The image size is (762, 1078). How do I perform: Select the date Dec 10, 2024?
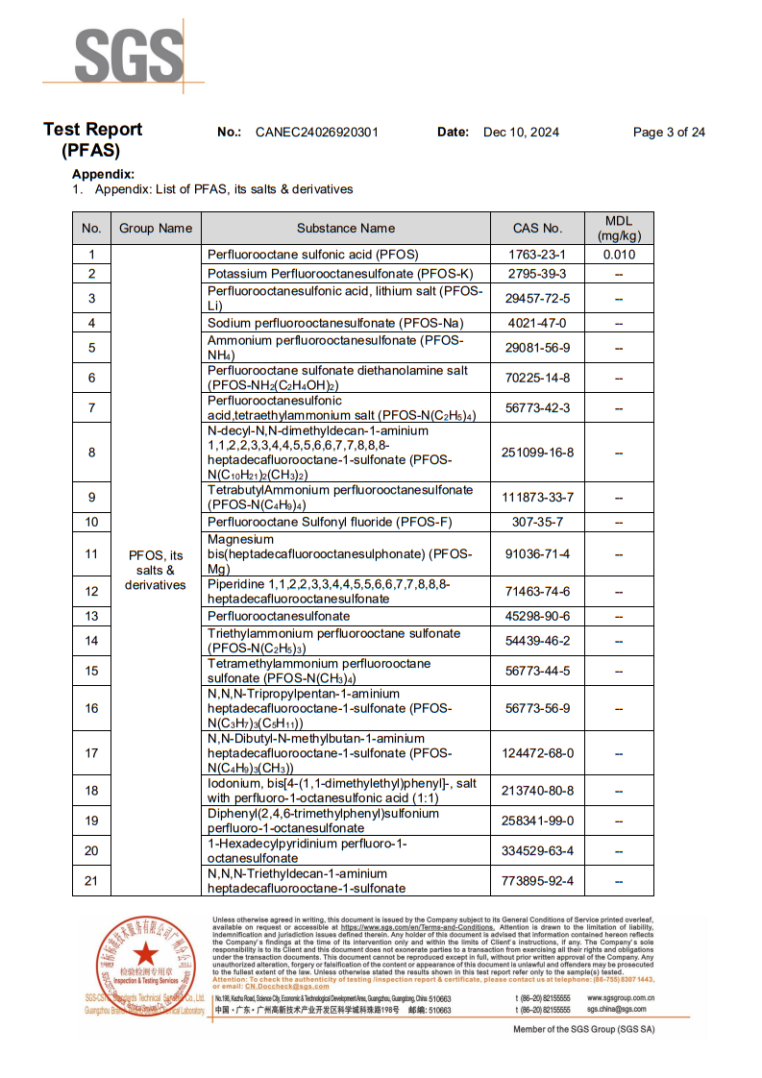coord(521,133)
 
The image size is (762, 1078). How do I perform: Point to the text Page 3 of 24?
coord(669,133)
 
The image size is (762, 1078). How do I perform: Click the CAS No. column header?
coord(538,229)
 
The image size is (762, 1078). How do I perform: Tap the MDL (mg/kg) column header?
coord(619,229)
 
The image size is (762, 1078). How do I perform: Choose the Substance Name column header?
coord(346,229)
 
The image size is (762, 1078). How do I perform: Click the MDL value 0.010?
coord(619,255)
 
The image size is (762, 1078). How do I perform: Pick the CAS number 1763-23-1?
coord(538,255)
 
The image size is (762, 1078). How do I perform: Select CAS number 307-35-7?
coord(538,522)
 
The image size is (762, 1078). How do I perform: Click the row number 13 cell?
coord(91,616)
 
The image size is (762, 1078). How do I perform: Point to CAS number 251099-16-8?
coord(538,452)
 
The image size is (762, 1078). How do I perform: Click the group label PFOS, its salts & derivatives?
coord(155,571)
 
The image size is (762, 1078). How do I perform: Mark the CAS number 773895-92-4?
coord(538,880)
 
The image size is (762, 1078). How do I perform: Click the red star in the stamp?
coord(145,954)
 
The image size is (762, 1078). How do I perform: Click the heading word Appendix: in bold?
coord(103,174)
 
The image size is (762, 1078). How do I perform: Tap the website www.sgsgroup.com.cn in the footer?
coord(622,998)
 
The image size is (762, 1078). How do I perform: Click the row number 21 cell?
coord(91,880)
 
